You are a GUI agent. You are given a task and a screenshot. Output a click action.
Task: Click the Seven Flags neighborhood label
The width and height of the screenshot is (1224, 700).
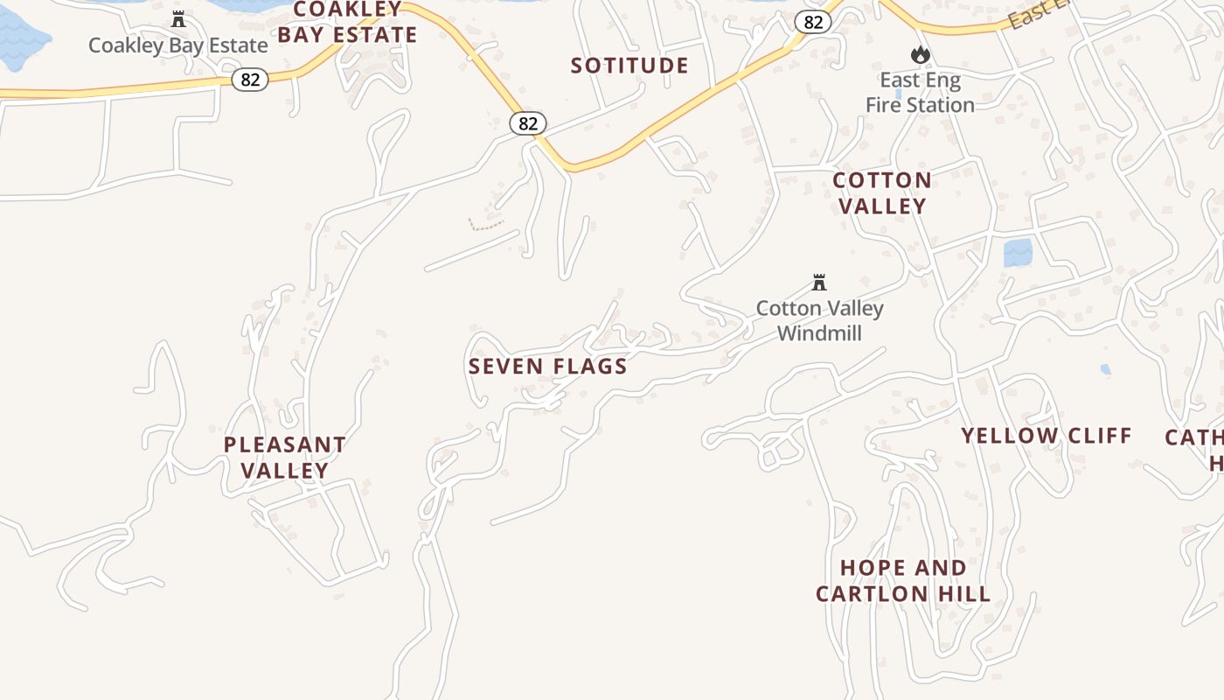tap(548, 366)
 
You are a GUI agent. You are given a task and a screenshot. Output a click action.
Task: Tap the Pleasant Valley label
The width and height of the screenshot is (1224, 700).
tap(284, 457)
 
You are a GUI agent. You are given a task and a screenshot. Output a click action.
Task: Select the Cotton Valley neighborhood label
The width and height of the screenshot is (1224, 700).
tap(881, 193)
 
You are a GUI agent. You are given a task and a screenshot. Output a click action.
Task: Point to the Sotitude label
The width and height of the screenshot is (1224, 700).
tap(629, 66)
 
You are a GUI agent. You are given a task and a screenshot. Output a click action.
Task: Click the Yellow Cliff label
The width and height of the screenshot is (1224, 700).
tap(1047, 435)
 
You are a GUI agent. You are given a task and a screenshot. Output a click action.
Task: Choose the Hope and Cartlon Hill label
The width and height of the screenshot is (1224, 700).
tap(903, 581)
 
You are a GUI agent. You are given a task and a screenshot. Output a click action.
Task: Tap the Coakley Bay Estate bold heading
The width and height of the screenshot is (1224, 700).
tap(347, 23)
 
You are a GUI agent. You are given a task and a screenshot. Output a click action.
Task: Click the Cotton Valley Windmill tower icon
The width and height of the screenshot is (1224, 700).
tap(819, 283)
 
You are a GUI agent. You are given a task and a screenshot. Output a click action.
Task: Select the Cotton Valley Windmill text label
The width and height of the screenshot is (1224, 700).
tap(819, 320)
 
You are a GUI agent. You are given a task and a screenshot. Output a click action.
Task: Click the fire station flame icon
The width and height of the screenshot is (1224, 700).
tap(920, 55)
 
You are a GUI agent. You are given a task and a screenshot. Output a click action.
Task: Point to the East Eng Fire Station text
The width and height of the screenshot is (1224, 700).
tap(920, 93)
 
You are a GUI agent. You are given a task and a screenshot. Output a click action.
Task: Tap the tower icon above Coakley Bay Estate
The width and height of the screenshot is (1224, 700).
tap(178, 18)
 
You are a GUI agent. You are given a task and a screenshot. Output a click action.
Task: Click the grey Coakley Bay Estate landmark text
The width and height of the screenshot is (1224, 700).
tap(178, 45)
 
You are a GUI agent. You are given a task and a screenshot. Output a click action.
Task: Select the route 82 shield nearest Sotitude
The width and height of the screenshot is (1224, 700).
tap(528, 123)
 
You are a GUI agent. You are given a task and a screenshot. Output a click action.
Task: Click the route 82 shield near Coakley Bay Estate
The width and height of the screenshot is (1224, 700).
tap(250, 80)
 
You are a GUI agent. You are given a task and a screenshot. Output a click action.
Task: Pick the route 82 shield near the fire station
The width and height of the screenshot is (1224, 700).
tap(813, 23)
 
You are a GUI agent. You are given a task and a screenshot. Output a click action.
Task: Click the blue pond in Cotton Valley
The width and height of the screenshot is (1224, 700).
tap(1018, 253)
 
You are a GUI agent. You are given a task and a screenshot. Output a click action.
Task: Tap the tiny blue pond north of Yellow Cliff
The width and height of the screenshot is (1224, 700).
tap(1106, 369)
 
